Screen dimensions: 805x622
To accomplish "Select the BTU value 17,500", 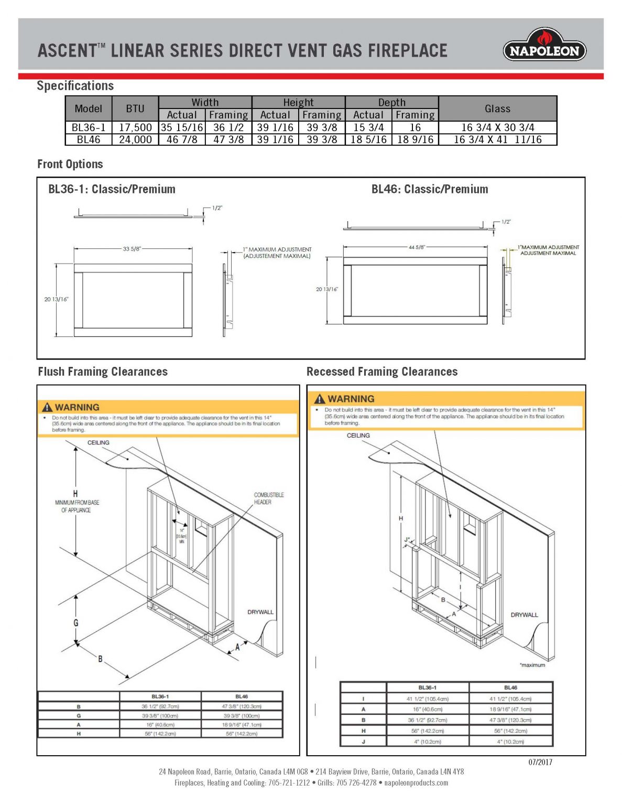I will [135, 127].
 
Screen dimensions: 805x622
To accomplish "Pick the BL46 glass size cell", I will [497, 139].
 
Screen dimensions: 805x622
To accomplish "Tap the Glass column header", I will [497, 108].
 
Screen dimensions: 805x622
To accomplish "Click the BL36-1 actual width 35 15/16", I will [182, 127].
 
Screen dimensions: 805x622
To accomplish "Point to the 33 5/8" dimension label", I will [132, 249].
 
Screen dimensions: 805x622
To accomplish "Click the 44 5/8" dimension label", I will [417, 247].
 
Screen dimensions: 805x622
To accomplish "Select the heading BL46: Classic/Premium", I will [430, 189].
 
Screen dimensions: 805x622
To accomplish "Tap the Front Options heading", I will [70, 164].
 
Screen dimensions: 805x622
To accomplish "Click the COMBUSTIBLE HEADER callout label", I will [269, 498].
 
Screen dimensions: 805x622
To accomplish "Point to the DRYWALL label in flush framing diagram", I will [260, 612].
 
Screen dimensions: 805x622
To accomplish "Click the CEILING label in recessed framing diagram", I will [358, 436].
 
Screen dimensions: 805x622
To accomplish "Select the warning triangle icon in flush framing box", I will [48, 407].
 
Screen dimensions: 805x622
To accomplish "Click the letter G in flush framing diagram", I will [76, 623].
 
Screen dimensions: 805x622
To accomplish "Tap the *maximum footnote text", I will [532, 665].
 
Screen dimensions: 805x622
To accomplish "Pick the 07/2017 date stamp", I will [540, 762].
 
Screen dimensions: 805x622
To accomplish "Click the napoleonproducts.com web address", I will [416, 783].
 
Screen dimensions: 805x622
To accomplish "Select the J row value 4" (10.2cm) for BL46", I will [510, 742].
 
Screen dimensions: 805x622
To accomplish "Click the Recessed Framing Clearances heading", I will [382, 372].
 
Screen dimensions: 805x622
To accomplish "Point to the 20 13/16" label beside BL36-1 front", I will [56, 299].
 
